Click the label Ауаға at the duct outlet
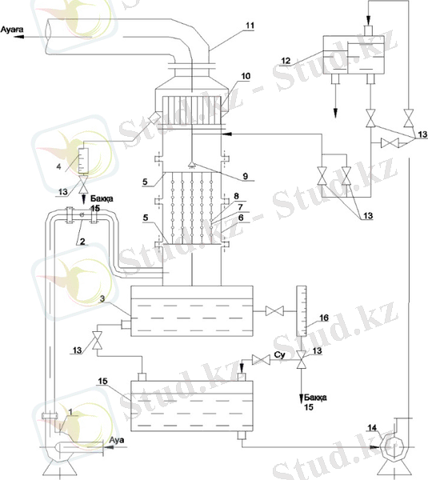point(12,30)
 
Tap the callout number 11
point(250,26)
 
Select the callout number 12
point(286,61)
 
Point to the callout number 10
point(246,76)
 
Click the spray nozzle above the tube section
point(192,166)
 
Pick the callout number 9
point(246,176)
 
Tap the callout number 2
point(82,242)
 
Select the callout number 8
point(236,196)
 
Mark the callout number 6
point(241,218)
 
